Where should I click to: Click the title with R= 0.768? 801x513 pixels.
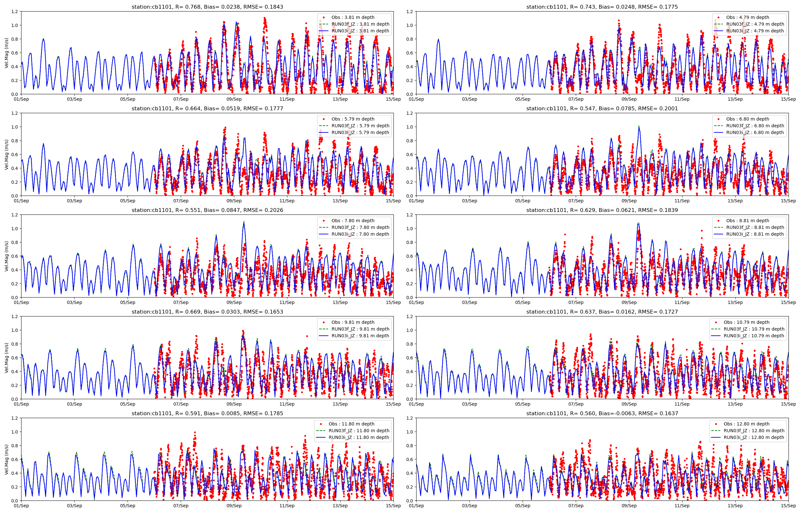[x=207, y=7]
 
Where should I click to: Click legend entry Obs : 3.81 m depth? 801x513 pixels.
[x=353, y=17]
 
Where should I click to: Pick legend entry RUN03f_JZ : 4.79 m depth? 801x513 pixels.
[x=755, y=24]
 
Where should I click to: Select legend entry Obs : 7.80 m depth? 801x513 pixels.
[x=353, y=221]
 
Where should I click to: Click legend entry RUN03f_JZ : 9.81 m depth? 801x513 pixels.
[x=360, y=329]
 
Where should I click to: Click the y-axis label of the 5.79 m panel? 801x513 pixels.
[x=7, y=155]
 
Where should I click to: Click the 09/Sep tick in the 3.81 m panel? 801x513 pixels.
[x=234, y=99]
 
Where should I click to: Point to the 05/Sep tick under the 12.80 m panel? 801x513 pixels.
[x=523, y=506]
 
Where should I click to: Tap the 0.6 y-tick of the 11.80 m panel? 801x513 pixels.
[x=15, y=459]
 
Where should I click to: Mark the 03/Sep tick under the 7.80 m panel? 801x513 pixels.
[x=74, y=302]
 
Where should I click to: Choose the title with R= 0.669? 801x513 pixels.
[x=207, y=312]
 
